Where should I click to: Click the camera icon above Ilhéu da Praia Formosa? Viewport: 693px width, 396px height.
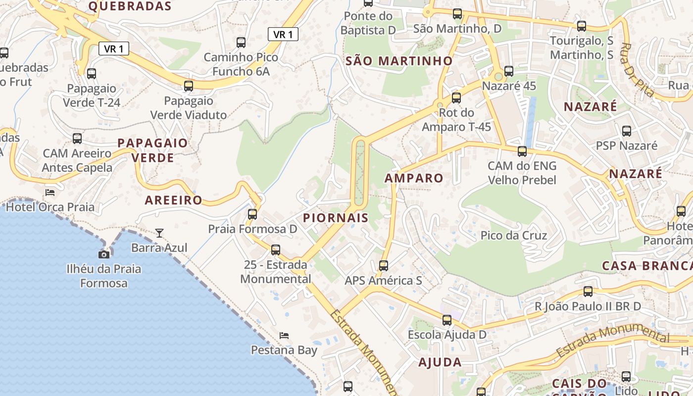click(x=104, y=254)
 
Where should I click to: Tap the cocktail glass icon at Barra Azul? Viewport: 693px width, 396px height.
click(x=159, y=233)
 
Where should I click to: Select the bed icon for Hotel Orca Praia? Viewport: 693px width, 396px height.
click(x=50, y=192)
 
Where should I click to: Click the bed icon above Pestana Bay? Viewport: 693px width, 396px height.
click(x=284, y=336)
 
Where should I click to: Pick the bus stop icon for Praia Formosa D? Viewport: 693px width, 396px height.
click(x=252, y=214)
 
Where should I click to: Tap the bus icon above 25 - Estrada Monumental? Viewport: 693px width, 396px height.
click(x=276, y=250)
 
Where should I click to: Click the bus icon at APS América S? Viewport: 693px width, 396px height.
click(x=384, y=266)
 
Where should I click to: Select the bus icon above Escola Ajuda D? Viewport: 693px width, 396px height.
click(x=447, y=320)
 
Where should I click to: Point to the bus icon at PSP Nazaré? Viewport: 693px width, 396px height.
click(x=627, y=131)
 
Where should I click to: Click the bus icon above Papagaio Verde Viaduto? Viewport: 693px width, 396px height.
click(x=189, y=86)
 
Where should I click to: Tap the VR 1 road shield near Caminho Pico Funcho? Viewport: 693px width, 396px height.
click(x=283, y=34)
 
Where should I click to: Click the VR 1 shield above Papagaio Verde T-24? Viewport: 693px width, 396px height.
click(x=114, y=49)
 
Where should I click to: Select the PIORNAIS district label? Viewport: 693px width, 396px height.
click(x=336, y=218)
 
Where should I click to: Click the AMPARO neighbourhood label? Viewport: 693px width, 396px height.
click(x=414, y=178)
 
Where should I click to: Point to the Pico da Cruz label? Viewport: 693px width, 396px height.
click(x=514, y=235)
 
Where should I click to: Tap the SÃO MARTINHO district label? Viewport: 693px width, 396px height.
click(x=399, y=61)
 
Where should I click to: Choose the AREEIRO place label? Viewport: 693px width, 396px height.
click(x=173, y=200)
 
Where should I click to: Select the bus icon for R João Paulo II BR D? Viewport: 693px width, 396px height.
click(x=588, y=292)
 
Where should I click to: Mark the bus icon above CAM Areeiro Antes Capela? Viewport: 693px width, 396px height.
click(x=77, y=139)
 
